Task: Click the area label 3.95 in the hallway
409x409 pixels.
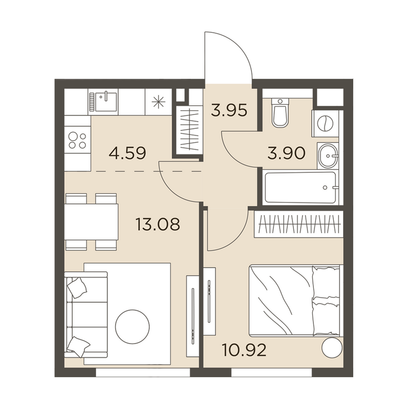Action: click(229, 110)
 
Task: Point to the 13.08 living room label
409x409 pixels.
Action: click(158, 224)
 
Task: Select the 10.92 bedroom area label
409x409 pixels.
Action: click(244, 350)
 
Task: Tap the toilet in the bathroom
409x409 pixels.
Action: click(280, 113)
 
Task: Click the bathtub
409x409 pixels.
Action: click(300, 187)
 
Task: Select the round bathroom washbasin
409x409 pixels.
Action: click(328, 156)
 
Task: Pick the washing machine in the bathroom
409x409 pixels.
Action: click(325, 123)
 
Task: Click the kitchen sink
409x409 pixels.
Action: click(103, 101)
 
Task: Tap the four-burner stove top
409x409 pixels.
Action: click(77, 140)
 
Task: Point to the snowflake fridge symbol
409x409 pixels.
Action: click(158, 102)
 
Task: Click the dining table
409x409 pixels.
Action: click(92, 222)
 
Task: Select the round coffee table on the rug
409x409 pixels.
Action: click(132, 327)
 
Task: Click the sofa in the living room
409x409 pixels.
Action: click(86, 314)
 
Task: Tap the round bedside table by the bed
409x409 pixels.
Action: click(332, 348)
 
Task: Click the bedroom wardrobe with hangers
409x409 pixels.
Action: click(299, 224)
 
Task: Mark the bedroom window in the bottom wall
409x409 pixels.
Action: click(271, 372)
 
